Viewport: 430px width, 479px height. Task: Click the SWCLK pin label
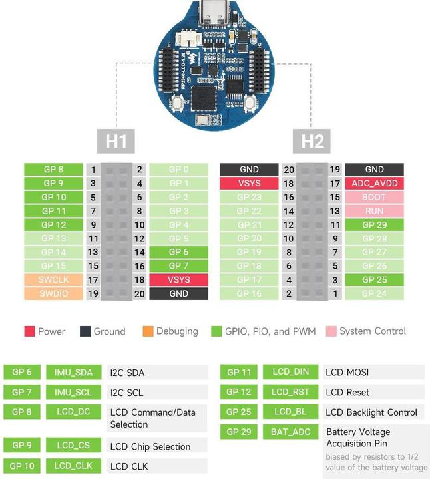(x=53, y=280)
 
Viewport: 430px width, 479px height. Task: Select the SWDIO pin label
(x=53, y=293)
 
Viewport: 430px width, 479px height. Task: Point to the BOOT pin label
(x=374, y=197)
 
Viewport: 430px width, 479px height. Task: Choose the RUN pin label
(x=374, y=211)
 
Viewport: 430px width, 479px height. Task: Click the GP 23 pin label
(x=249, y=197)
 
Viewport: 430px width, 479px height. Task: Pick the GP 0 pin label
(x=178, y=170)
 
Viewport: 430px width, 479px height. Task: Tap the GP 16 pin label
(x=249, y=293)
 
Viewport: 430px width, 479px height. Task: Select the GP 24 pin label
(x=374, y=293)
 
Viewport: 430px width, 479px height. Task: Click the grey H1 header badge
(x=116, y=141)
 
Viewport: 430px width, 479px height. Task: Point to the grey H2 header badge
(x=312, y=141)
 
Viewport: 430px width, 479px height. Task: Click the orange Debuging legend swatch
(x=148, y=331)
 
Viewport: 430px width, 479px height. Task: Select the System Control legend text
(x=372, y=331)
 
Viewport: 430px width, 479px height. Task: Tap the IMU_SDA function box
(x=73, y=372)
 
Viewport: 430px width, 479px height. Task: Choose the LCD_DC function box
(x=73, y=412)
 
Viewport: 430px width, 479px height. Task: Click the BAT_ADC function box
(x=290, y=432)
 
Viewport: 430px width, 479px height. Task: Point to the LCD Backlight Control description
(x=373, y=412)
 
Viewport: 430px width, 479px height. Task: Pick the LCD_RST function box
(x=290, y=392)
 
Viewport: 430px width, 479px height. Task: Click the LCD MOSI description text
(x=347, y=372)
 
